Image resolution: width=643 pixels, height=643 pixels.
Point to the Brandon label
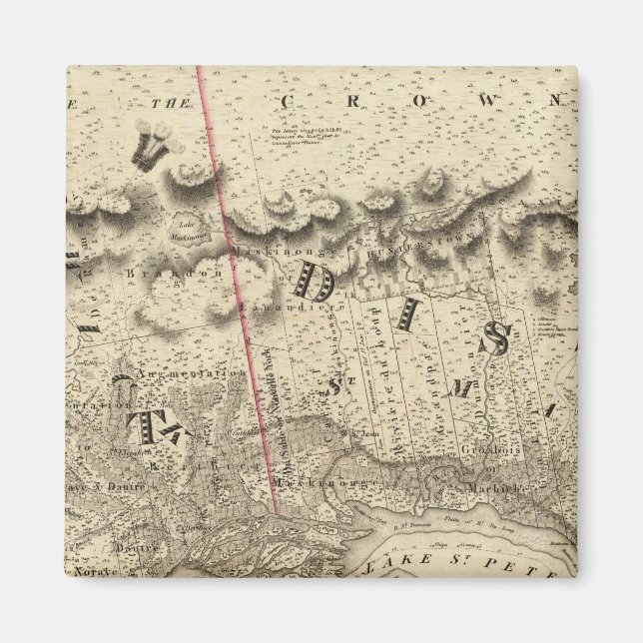(164, 272)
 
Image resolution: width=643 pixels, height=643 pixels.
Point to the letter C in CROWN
(288, 101)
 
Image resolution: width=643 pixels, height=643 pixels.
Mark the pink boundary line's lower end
(275, 512)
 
